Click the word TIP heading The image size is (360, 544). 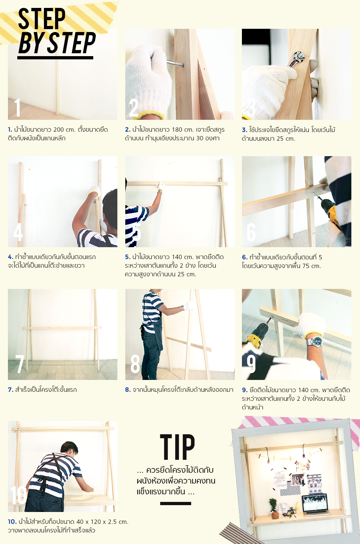tap(177, 447)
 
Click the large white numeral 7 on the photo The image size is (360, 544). tap(19, 364)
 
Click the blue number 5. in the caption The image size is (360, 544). tap(127, 257)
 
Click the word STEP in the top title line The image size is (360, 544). tap(42, 19)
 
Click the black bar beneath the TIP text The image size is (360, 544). tap(176, 503)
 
